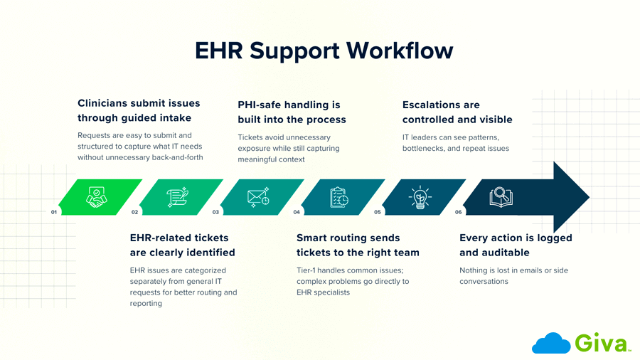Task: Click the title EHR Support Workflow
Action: pos(324,51)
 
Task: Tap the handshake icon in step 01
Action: pos(97,197)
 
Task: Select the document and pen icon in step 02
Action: pos(177,197)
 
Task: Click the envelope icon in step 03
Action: pos(258,197)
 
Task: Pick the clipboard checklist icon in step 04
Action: pos(339,197)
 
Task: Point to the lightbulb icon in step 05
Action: pos(420,197)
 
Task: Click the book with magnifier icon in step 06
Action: pos(501,197)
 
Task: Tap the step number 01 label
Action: pos(54,212)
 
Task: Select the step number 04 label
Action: pos(297,212)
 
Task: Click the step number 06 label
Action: pos(458,212)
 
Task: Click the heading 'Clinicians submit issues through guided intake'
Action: pos(139,111)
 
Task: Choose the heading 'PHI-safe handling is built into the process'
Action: pos(292,112)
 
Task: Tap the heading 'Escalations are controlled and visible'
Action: pos(457,112)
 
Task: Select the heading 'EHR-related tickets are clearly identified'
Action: pos(182,245)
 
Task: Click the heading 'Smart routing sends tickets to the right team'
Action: pos(358,245)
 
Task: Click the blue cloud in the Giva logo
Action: pos(551,344)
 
